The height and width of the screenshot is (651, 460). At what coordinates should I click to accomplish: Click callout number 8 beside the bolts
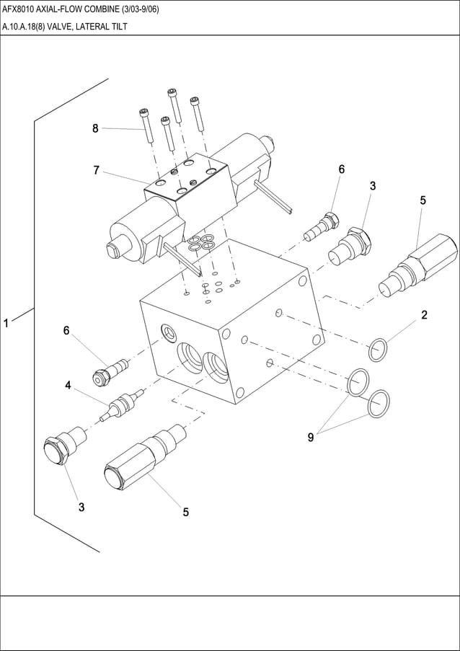coord(95,128)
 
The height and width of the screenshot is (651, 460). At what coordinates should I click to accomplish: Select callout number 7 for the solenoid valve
coord(96,170)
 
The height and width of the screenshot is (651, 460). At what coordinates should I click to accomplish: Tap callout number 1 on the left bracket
coord(6,324)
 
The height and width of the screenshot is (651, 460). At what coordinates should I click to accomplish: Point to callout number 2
coord(425,314)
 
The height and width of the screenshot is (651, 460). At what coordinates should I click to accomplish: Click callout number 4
coord(68,386)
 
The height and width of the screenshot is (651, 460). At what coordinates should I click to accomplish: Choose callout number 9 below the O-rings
coord(311,437)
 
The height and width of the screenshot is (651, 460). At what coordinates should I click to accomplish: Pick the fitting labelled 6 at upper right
coord(322,226)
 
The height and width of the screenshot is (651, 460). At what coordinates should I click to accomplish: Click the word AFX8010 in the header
coord(22,9)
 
